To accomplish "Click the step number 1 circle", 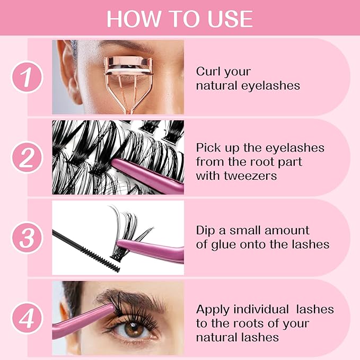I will coord(27,77).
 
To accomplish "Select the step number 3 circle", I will coord(27,238).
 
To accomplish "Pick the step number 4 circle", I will coord(27,318).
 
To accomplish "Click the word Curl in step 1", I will coord(208,71).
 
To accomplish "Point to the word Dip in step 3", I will coord(206,231).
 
